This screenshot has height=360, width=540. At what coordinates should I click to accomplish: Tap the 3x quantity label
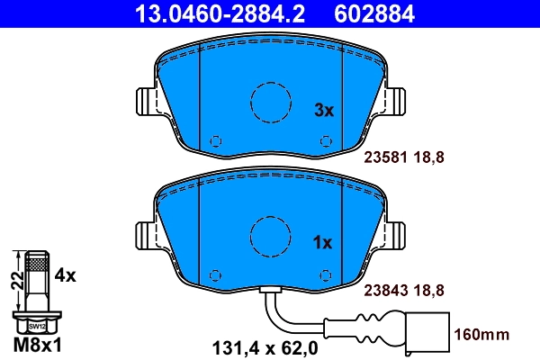(322, 111)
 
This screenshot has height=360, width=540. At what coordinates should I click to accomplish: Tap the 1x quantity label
(322, 242)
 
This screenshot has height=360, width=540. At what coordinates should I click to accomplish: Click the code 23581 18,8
(404, 156)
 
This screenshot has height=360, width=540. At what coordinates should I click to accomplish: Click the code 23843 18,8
(404, 289)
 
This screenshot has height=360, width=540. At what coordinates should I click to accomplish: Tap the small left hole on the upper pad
(214, 140)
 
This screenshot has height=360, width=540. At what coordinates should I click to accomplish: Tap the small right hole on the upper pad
(326, 140)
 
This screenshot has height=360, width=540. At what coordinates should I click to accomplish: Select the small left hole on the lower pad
(214, 274)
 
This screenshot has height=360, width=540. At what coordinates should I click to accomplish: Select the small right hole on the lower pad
(326, 274)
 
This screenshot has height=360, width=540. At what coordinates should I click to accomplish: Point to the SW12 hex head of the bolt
(35, 326)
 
